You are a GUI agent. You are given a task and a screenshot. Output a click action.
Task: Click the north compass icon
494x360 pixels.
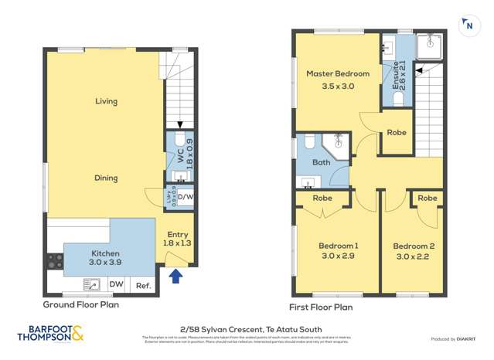[469, 25]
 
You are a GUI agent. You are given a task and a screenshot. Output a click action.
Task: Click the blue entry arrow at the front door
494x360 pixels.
[176, 275]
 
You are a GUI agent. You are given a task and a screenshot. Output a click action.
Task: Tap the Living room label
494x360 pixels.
[106, 101]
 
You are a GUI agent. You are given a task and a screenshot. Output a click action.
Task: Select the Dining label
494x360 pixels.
[106, 178]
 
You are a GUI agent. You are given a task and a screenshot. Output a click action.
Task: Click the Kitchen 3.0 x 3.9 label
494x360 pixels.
[105, 258]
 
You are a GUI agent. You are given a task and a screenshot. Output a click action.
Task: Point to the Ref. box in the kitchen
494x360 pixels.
[143, 286]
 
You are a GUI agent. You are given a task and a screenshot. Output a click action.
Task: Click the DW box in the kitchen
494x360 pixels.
[117, 286]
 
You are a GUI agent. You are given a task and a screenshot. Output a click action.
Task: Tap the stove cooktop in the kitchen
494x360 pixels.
[55, 261]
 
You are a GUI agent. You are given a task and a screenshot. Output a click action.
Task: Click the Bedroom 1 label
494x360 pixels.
[338, 251]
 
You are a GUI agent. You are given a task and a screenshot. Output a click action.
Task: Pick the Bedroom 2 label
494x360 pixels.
[415, 251]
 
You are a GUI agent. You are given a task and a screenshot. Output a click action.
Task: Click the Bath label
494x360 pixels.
[321, 162]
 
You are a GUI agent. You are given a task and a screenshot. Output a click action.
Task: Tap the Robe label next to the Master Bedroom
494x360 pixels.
[397, 133]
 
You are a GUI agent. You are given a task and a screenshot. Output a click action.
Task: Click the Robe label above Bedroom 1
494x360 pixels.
[322, 198]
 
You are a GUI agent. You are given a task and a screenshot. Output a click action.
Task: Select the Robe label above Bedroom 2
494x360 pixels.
[427, 198]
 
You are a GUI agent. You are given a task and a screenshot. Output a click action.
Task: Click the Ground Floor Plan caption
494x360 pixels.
[80, 304]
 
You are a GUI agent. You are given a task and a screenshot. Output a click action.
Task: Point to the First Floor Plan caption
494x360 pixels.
[321, 307]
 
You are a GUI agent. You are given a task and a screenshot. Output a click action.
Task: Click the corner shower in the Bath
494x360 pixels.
[337, 144]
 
